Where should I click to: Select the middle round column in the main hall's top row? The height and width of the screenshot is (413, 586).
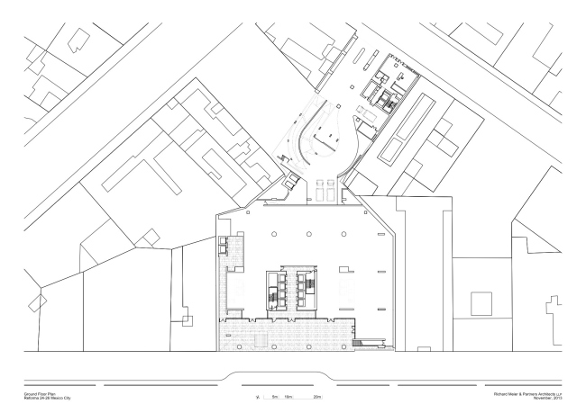click(x=308, y=234)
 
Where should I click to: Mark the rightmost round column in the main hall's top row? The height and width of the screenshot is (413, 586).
click(x=344, y=234)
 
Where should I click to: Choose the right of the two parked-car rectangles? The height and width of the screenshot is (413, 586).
click(x=333, y=190)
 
